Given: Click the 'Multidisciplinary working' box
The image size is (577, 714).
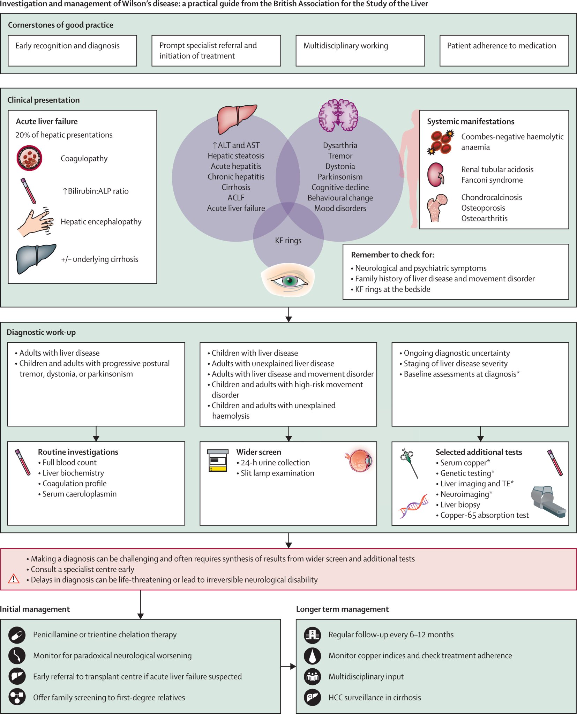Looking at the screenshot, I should click(x=360, y=51).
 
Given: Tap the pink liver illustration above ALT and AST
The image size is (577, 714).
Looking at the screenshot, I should click(x=236, y=119).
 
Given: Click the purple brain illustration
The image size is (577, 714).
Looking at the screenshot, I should click(x=338, y=115).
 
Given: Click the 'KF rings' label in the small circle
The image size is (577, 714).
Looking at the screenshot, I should click(x=288, y=241).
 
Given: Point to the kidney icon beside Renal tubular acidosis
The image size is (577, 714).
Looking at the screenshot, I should click(x=436, y=175).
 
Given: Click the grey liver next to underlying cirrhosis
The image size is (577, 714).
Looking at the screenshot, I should click(x=35, y=258).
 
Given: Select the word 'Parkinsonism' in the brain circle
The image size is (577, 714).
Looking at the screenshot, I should click(x=340, y=177).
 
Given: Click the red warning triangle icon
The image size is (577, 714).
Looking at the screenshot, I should click(x=14, y=579).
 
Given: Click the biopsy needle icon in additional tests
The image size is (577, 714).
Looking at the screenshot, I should click(x=409, y=463).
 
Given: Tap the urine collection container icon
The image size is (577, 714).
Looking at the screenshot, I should click(x=218, y=461).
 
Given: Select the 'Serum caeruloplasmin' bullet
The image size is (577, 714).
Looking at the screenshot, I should click(x=79, y=494).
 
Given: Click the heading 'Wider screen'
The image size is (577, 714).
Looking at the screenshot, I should click(x=258, y=452).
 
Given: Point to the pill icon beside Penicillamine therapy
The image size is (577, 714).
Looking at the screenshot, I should click(x=17, y=635).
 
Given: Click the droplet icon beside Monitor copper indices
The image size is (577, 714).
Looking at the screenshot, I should click(x=312, y=656).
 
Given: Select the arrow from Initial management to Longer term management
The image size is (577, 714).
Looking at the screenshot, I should click(x=288, y=667).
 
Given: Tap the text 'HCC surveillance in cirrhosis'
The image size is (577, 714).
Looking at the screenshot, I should click(x=374, y=698).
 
